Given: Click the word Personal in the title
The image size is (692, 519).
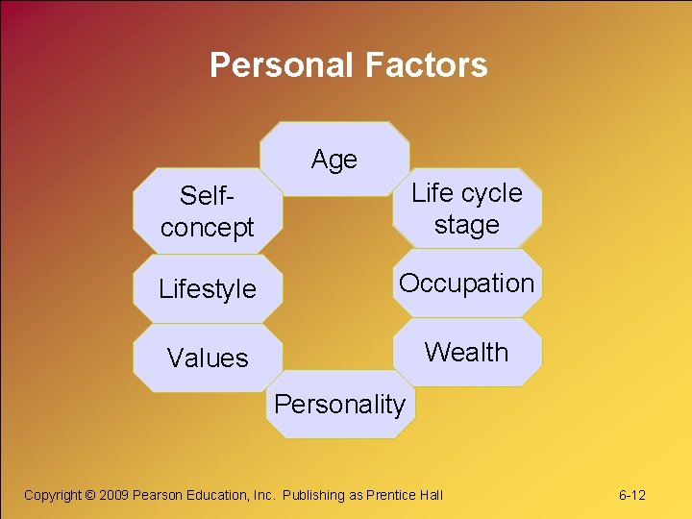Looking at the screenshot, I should (x=283, y=65).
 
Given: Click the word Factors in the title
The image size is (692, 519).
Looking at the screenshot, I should (x=426, y=65).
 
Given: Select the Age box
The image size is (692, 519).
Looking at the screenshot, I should (x=334, y=160).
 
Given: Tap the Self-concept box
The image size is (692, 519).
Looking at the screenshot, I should (x=207, y=211).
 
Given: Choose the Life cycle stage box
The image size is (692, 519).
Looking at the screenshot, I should (x=467, y=208).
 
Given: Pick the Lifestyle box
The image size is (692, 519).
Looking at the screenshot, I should (x=208, y=288).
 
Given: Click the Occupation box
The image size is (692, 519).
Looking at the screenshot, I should (x=467, y=284).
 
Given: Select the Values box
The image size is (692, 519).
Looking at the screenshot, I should (x=208, y=358).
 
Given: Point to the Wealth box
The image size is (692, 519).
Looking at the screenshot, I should (x=467, y=352).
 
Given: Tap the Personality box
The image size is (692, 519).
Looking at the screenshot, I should (x=339, y=404).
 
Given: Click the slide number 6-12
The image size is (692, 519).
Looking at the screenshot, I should (x=631, y=495).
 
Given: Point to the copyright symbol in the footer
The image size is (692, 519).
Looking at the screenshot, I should (x=90, y=495).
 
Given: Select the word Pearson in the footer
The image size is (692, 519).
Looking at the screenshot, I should (x=156, y=495).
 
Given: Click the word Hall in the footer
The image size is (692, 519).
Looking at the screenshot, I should (x=432, y=495).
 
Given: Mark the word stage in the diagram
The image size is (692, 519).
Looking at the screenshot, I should (x=467, y=225).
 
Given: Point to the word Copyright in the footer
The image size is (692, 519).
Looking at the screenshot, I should (x=53, y=495).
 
